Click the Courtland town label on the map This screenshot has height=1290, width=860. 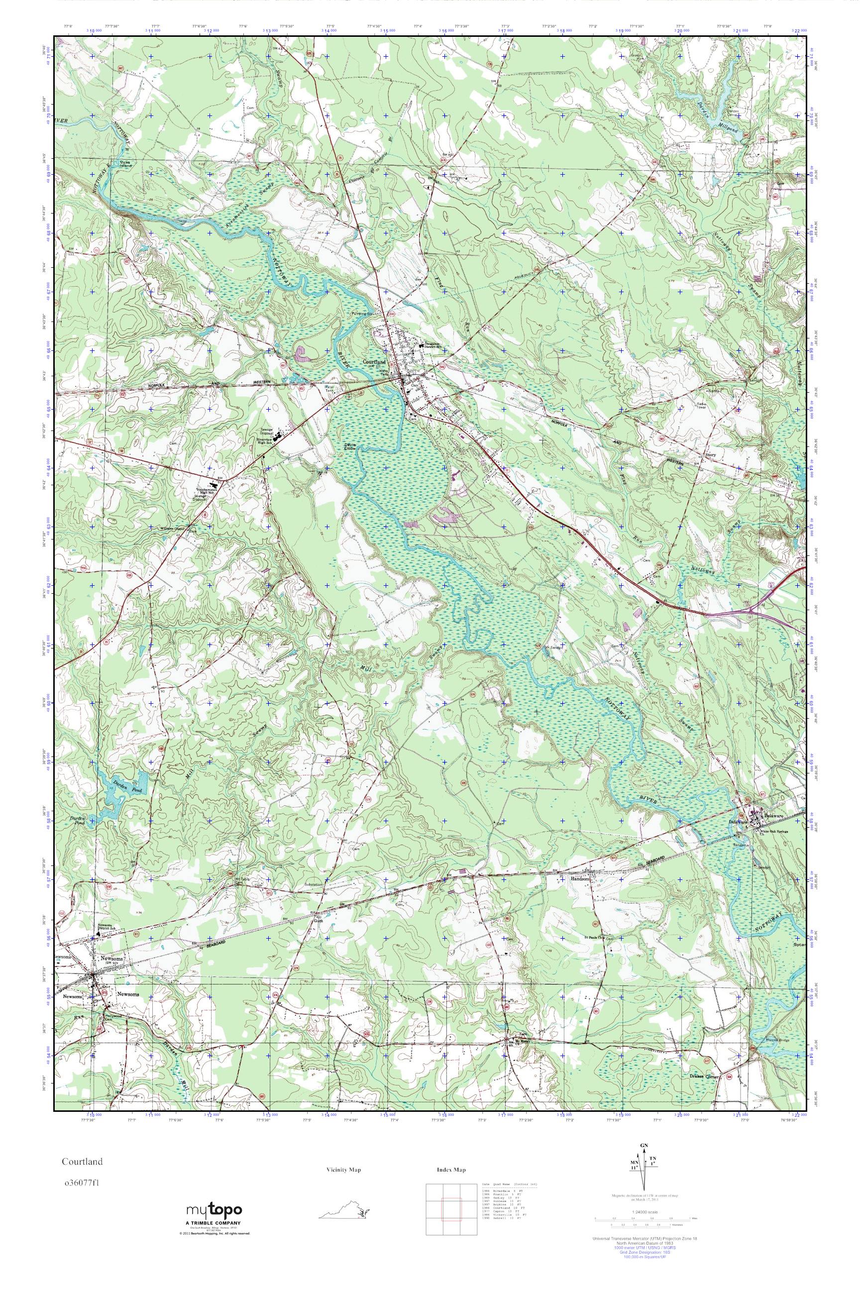[x=375, y=362]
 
